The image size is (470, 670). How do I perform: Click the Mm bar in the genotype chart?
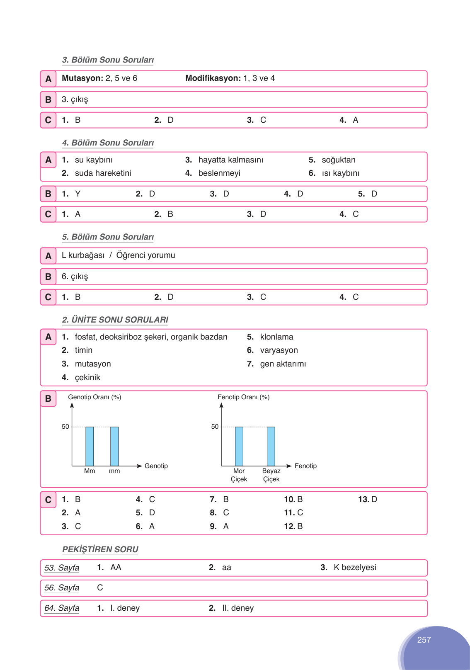90,446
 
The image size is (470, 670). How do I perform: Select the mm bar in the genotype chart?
114,446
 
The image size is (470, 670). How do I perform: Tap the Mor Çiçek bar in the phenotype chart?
239,446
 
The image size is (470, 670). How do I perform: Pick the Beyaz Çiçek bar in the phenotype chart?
271,446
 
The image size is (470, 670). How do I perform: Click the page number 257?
424,640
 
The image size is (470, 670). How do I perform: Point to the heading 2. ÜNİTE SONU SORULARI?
115,320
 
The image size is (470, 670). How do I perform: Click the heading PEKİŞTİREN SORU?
100,549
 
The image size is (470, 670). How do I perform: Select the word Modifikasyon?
213,78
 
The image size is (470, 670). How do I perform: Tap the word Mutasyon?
82,78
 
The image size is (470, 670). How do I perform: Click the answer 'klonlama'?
276,337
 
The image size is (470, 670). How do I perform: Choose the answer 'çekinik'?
87,378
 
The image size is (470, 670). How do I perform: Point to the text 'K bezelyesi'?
355,568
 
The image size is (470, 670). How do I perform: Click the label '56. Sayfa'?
62,588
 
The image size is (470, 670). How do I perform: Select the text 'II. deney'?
238,608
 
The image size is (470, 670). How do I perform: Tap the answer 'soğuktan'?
339,160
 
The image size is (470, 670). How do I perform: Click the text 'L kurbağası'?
83,255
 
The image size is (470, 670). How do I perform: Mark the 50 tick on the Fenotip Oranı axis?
215,427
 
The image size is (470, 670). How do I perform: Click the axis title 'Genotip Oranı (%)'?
94,397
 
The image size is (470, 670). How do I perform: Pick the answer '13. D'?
368,500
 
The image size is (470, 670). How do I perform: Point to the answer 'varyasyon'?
279,350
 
